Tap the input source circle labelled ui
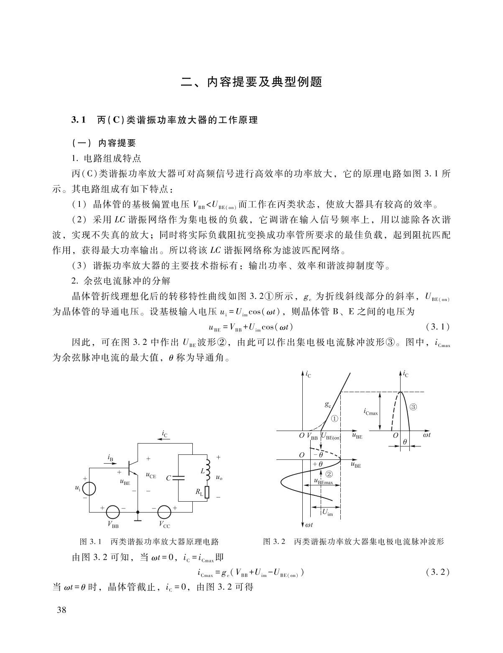[89, 489]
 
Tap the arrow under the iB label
[111, 464]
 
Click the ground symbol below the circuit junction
[138, 520]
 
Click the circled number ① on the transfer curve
[335, 418]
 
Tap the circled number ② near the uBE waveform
[329, 474]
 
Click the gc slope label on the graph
[328, 404]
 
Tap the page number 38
[61, 610]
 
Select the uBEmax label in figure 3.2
[324, 482]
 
